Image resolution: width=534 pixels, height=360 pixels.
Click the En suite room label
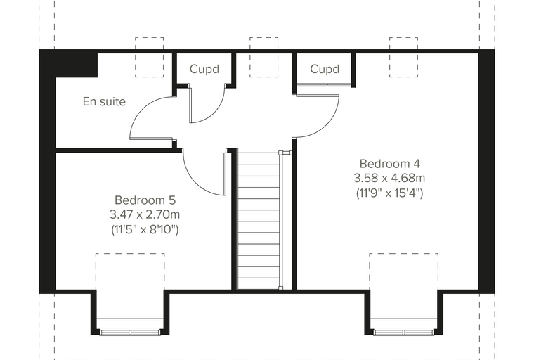(x=104, y=101)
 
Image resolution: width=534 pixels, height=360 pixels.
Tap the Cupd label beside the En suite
(x=204, y=69)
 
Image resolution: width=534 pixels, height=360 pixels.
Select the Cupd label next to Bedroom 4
(x=325, y=69)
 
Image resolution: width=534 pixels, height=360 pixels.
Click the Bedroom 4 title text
(x=389, y=164)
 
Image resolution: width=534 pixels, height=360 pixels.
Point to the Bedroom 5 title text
(x=145, y=200)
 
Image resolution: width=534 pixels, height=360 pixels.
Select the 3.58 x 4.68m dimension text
(x=389, y=178)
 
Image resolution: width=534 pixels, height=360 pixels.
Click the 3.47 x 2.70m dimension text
(x=145, y=214)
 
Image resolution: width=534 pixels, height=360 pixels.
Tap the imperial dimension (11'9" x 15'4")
(x=389, y=193)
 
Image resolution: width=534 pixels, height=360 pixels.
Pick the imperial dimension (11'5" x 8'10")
(x=145, y=229)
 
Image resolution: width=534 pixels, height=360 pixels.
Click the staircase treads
(x=259, y=221)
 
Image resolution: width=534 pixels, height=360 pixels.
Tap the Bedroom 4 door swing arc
(x=332, y=124)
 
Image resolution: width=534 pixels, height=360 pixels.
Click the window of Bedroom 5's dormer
(x=130, y=333)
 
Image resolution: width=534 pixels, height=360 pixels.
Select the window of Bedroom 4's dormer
(x=404, y=333)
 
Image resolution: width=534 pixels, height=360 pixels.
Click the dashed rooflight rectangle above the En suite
(x=135, y=57)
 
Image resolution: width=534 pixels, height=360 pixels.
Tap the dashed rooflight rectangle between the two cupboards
(x=249, y=57)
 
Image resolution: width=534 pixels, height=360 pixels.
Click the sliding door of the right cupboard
(x=323, y=84)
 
